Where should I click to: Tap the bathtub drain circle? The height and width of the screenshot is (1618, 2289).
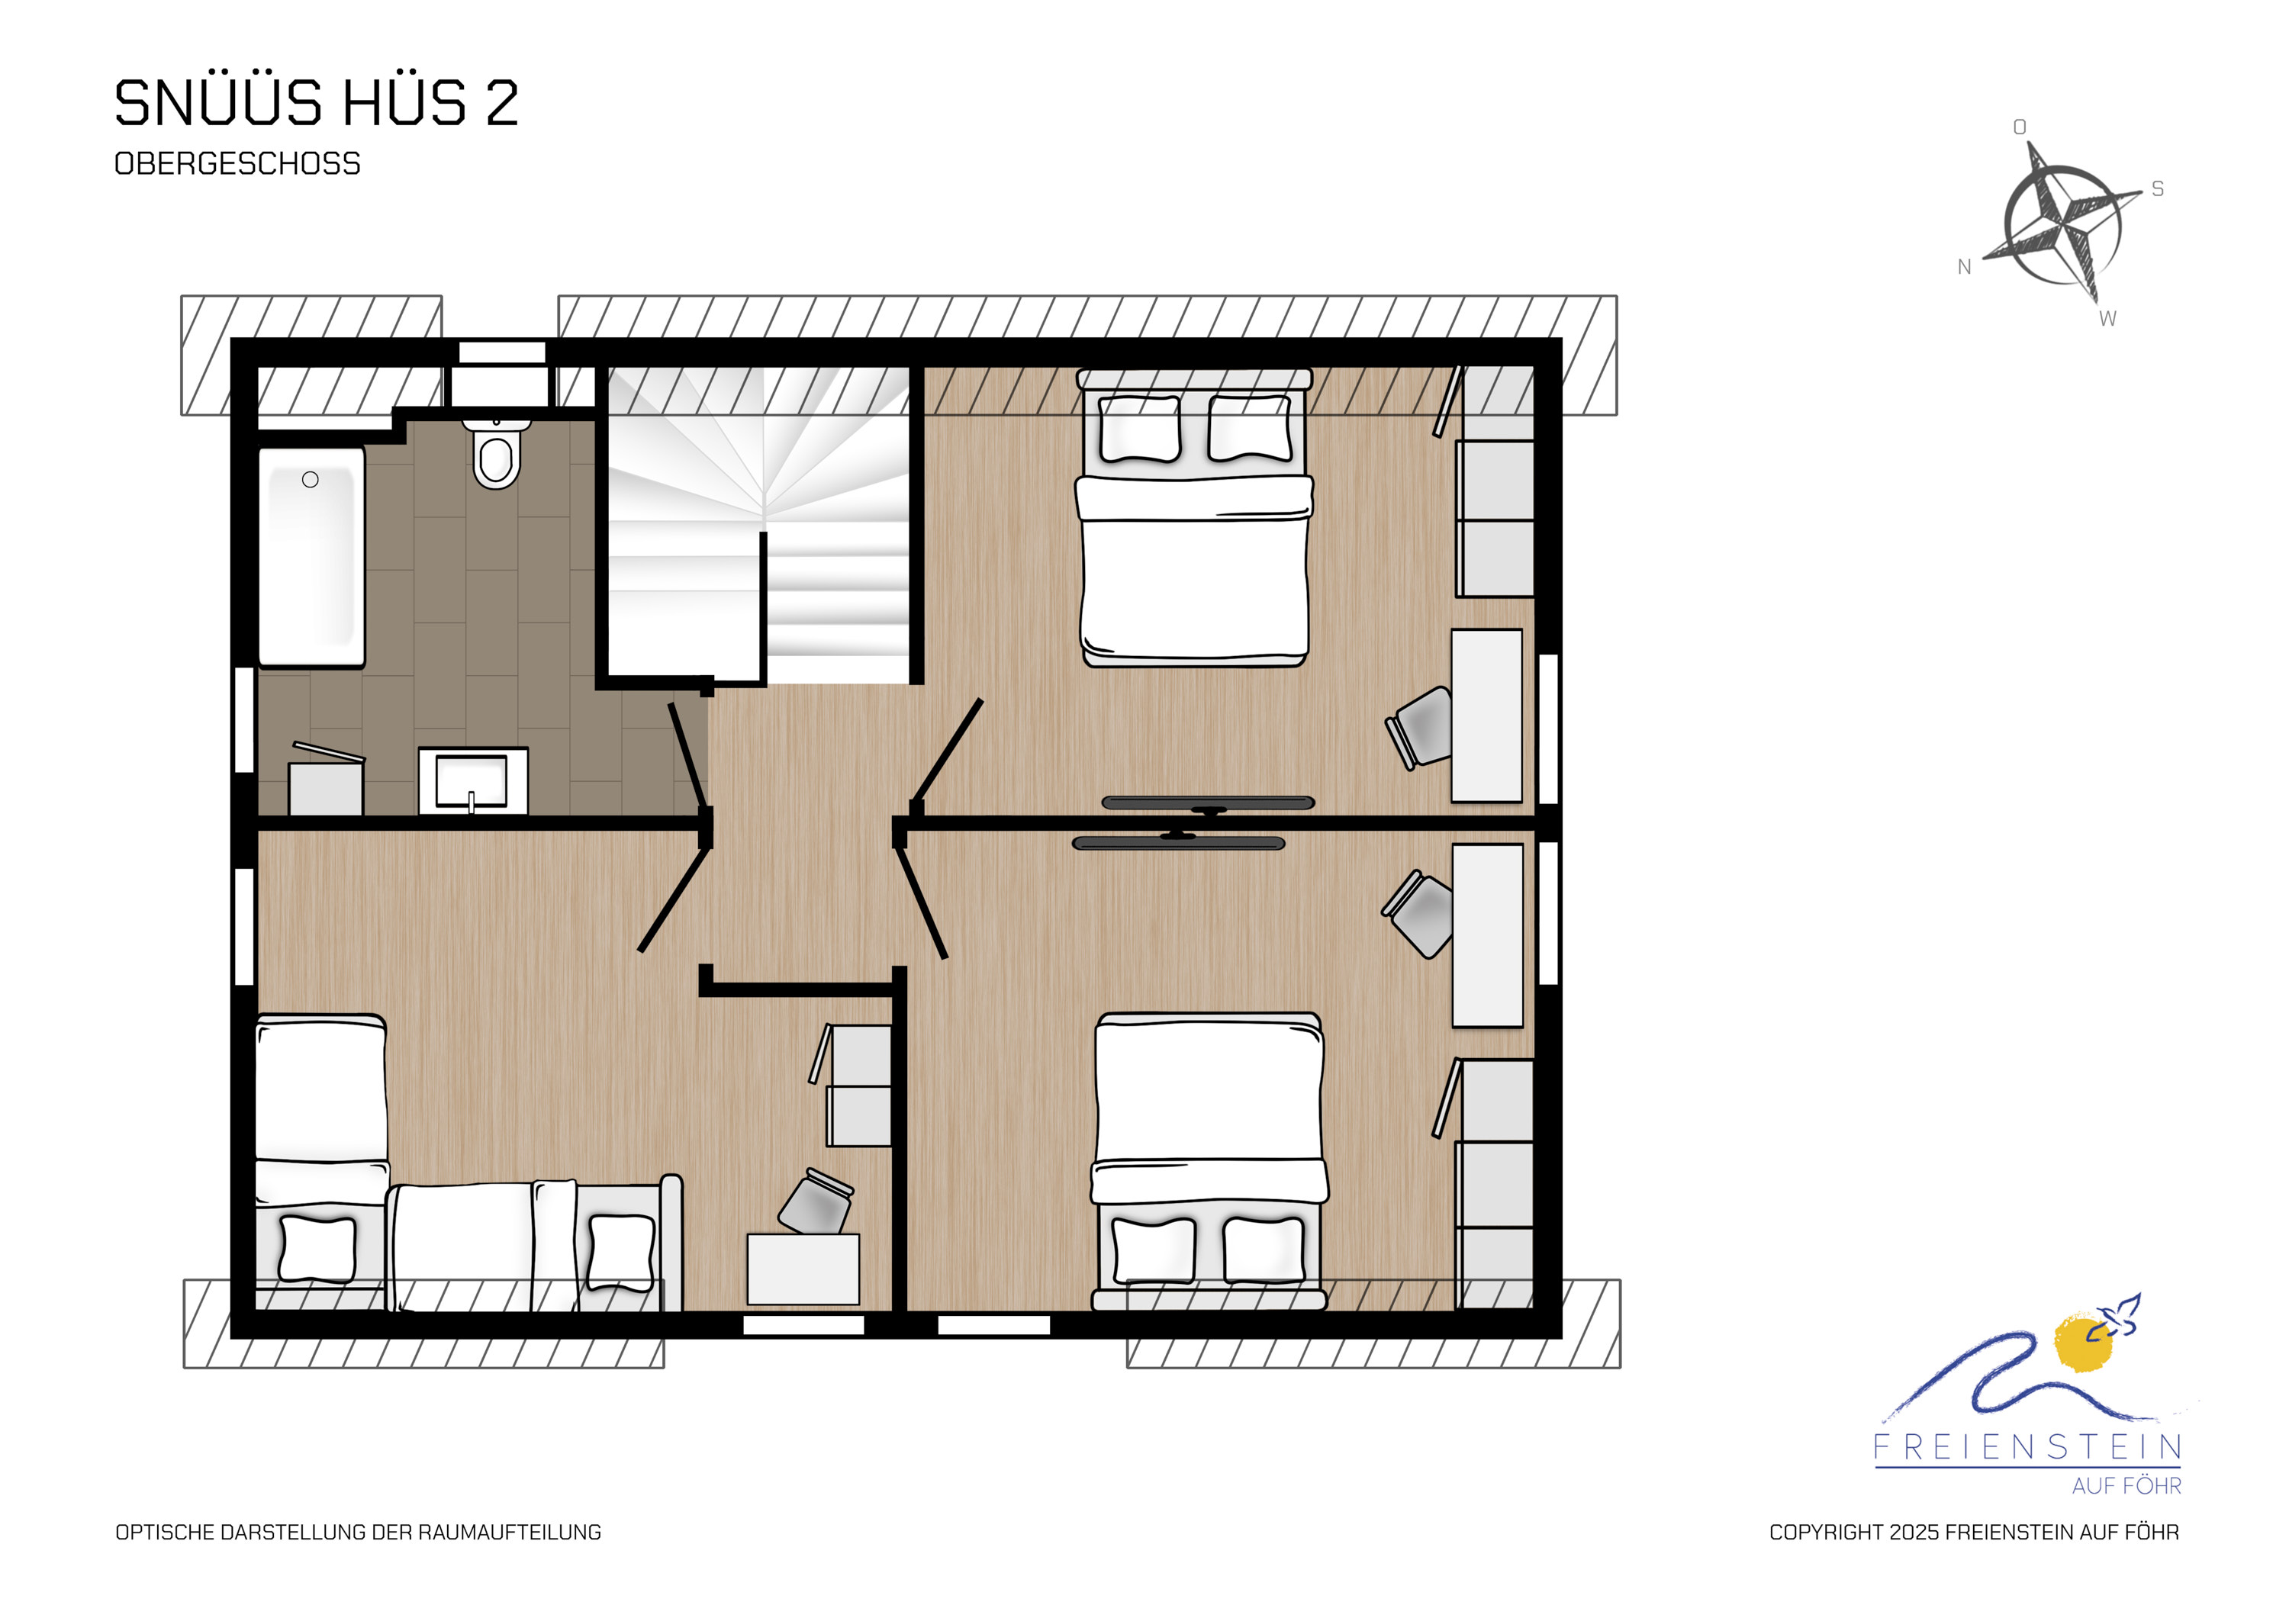[310, 480]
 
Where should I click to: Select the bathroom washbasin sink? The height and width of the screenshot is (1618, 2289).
[472, 780]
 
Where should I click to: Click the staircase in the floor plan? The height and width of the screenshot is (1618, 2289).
[760, 524]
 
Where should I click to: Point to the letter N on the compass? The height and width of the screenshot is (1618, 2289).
[1964, 267]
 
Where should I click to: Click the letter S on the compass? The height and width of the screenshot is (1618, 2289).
[2158, 189]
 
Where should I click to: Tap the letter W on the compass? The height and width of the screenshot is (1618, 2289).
[2107, 319]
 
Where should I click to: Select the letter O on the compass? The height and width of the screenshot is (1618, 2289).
[2020, 127]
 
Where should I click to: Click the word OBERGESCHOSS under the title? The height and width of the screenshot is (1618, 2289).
[237, 163]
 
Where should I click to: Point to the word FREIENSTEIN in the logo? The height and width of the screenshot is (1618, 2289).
[2028, 1448]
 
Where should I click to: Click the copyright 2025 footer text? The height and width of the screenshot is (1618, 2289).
[1974, 1533]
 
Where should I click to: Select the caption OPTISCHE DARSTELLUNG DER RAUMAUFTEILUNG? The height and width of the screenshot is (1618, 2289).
[358, 1533]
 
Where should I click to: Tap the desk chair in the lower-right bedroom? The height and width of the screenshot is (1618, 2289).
[1418, 914]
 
